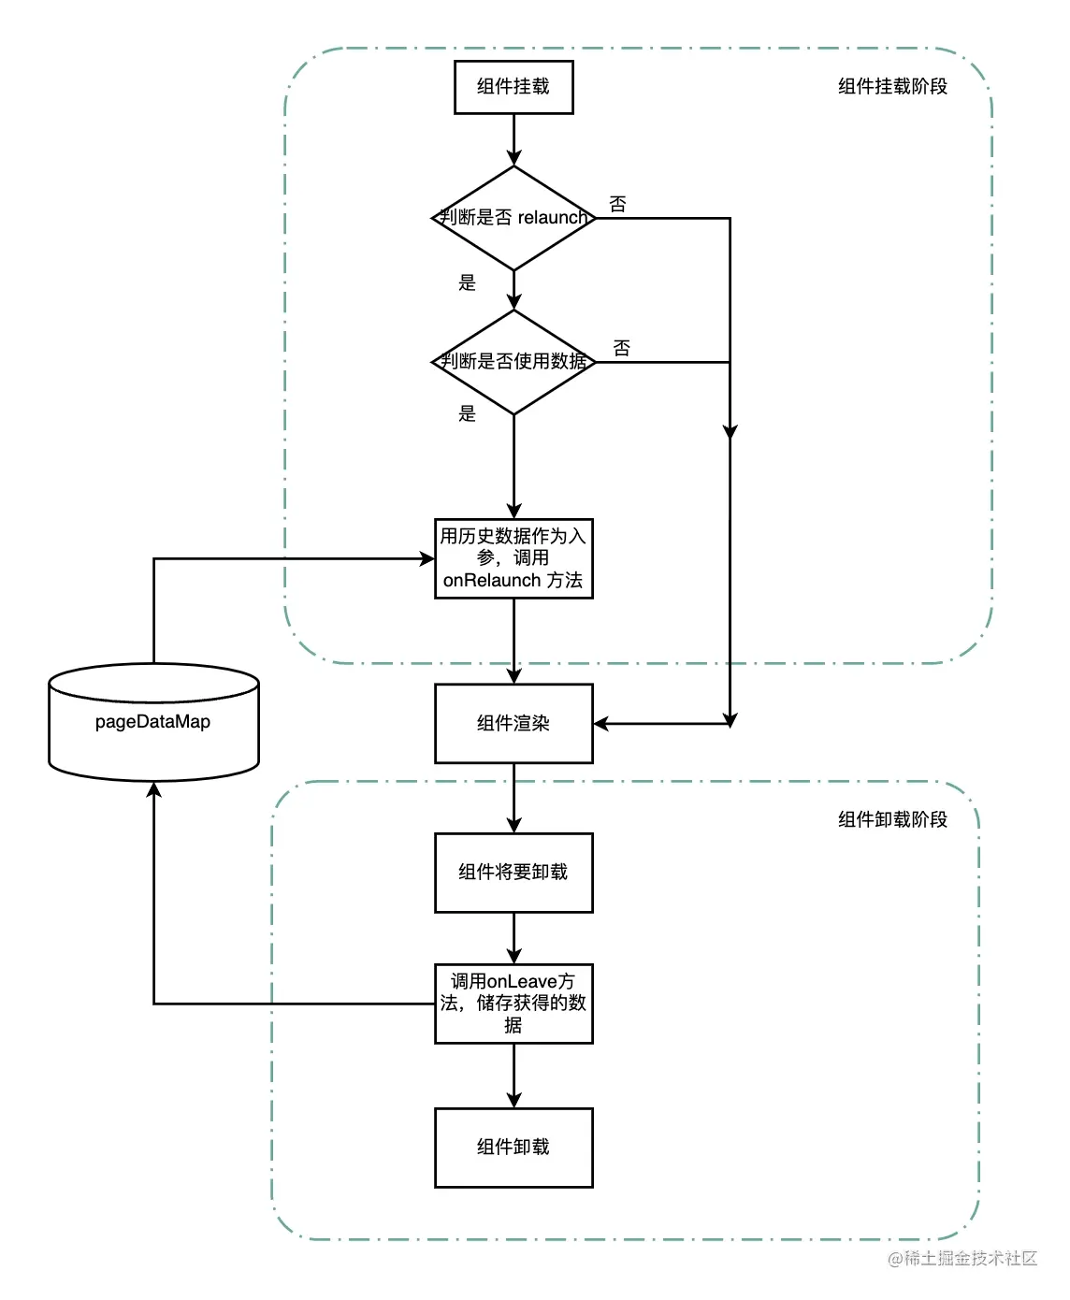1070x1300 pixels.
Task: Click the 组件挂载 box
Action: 513,87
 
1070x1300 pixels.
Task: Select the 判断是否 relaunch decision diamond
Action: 513,218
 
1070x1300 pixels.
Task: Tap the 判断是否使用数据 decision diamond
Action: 513,362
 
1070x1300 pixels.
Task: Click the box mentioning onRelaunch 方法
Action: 513,558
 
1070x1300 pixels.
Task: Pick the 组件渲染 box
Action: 513,723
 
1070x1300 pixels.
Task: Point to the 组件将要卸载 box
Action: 513,873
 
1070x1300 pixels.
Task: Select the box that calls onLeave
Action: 513,1004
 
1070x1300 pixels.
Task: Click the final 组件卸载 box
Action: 513,1148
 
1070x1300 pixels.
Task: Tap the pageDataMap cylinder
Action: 153,722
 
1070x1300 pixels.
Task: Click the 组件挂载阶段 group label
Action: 892,87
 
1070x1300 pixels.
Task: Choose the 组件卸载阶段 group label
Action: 892,820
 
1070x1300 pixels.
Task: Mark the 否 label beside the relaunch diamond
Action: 617,204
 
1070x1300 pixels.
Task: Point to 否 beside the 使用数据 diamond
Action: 621,348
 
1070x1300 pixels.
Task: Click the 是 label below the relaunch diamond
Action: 467,282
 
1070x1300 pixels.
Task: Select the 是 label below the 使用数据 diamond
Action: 467,413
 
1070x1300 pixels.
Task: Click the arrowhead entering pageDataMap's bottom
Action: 154,790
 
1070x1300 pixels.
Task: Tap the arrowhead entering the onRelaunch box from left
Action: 427,559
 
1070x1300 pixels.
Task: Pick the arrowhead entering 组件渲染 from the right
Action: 601,724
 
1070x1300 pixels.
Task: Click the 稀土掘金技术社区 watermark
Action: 962,1259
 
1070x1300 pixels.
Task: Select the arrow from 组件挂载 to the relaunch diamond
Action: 513,140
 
